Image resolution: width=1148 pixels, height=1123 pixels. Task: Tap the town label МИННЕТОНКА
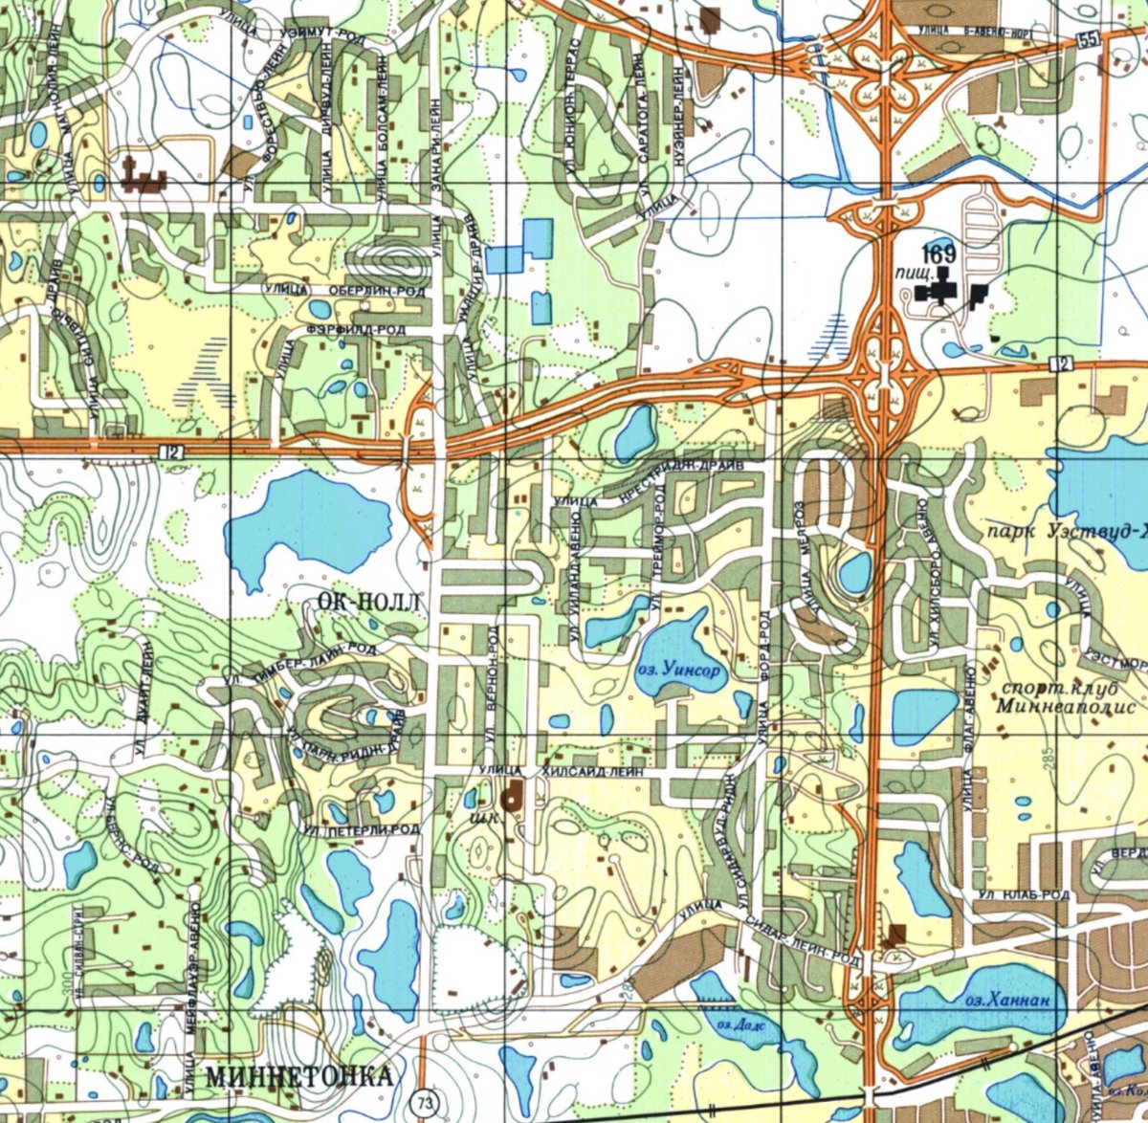tap(298, 1075)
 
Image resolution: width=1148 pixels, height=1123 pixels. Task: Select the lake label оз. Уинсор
tap(678, 672)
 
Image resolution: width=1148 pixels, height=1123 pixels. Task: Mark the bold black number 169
tap(938, 254)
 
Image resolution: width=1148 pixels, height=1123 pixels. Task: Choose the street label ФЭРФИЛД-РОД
tap(355, 330)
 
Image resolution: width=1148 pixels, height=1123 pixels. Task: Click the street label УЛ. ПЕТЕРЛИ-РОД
tap(362, 830)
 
